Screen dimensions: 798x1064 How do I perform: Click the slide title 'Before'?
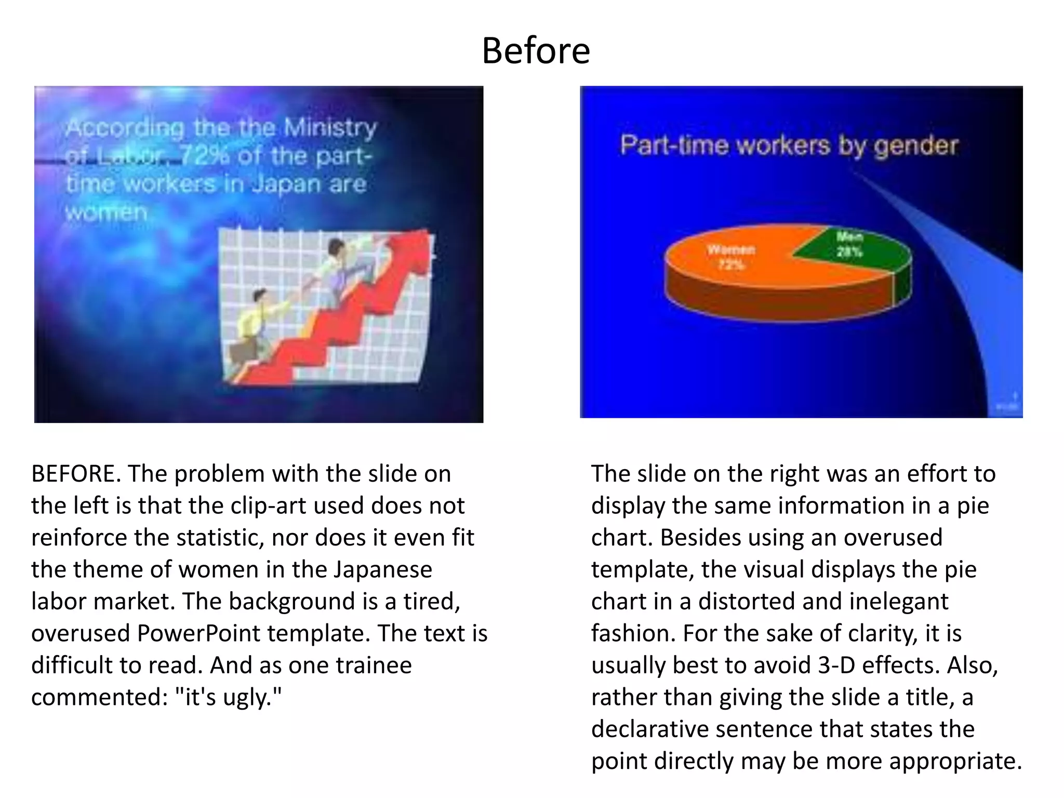pyautogui.click(x=536, y=51)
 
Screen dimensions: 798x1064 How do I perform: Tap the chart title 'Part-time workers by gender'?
pyautogui.click(x=789, y=145)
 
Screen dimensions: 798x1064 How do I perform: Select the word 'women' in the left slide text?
pyautogui.click(x=107, y=212)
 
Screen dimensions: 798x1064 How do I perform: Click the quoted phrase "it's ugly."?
pyautogui.click(x=233, y=697)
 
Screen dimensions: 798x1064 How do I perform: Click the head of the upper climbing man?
pyautogui.click(x=336, y=247)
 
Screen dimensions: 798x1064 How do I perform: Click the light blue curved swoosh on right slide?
pyautogui.click(x=987, y=312)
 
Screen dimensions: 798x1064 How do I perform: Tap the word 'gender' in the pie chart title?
pyautogui.click(x=915, y=145)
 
